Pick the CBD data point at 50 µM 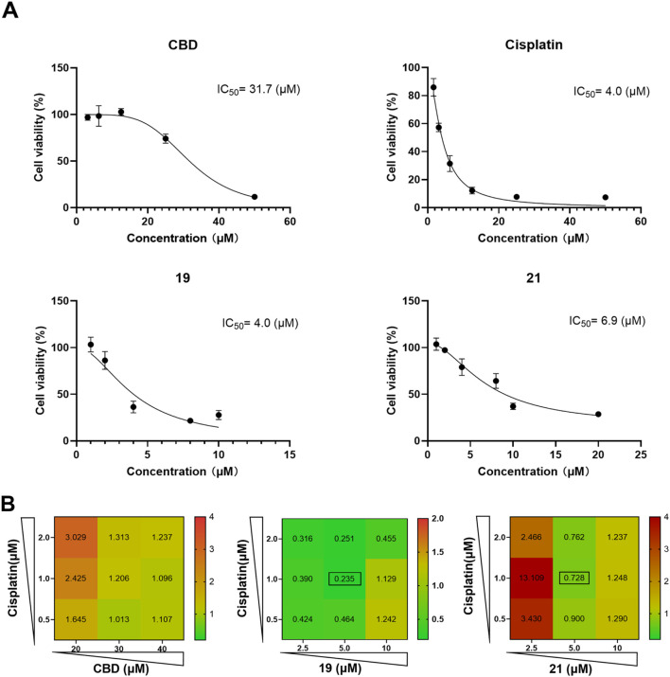(x=255, y=197)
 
